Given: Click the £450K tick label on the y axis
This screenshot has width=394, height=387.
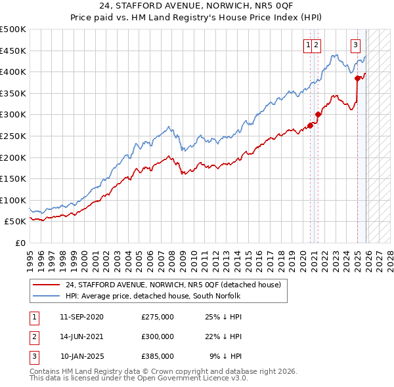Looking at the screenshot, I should [x=13, y=51].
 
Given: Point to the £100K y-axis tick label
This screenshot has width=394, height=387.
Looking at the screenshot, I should [x=13, y=200].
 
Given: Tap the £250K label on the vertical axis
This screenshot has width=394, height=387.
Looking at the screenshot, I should [x=13, y=136].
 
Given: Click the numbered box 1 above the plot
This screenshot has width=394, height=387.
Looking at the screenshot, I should [x=307, y=45].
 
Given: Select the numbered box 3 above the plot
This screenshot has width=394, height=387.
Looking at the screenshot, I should [x=355, y=45].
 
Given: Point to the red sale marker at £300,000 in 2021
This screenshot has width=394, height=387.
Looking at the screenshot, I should [x=318, y=114].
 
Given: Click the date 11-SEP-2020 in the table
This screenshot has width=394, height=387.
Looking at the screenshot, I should [x=81, y=317].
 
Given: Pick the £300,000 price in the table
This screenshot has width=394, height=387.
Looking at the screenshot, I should [x=157, y=336].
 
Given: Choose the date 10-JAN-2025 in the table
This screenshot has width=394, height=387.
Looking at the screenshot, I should [x=81, y=356].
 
